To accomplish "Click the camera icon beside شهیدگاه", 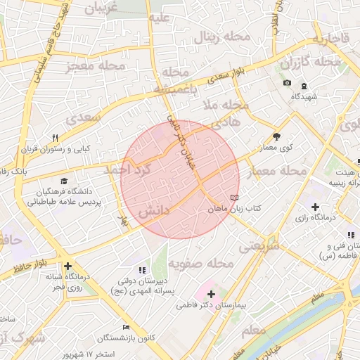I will pos(287,84).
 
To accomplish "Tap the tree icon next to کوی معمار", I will pos(276,136).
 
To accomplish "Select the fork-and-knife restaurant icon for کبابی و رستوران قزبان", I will pos(56,138).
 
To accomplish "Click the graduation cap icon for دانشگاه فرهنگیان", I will pos(65,181).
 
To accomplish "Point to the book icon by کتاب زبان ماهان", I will pos(234,198).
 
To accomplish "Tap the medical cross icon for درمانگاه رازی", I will pos(315,207).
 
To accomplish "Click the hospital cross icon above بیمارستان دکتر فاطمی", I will pos(211,293).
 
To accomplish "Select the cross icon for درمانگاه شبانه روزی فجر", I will pos(67,266).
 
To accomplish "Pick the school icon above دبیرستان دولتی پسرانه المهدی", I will pos(142,269).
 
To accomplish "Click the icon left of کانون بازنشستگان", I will pos(126,328).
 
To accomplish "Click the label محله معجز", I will pos(94,66).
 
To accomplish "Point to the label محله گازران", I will pos(310,63).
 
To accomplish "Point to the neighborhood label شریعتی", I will pos(259,247).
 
